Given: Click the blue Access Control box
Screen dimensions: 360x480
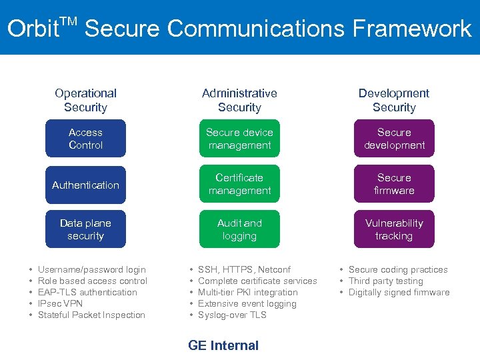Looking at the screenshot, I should (x=85, y=139).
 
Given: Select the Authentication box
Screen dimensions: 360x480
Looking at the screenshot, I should (x=85, y=185).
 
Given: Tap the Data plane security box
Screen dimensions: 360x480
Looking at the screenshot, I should (x=85, y=229).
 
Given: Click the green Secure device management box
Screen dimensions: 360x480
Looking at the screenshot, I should (x=239, y=139).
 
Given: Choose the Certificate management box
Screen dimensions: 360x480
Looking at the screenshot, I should (x=239, y=184).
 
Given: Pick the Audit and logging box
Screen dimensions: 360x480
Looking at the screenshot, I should (x=239, y=229).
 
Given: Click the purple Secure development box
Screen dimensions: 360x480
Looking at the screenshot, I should (x=394, y=139).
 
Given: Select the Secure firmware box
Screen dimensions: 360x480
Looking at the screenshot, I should (x=394, y=184).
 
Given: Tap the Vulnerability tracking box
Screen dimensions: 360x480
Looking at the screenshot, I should (x=394, y=229).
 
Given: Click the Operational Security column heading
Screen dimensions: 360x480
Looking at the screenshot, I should (x=85, y=100).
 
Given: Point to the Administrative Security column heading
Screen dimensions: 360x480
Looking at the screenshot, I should (x=239, y=100).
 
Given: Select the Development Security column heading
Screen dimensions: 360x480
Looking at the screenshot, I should (x=394, y=100).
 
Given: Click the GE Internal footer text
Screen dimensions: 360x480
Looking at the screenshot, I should (x=223, y=345).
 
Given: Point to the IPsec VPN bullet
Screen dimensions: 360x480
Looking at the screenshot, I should (x=61, y=303).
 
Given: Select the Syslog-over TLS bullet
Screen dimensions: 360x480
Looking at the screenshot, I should (x=232, y=315).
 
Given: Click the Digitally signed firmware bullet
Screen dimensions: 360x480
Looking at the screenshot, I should (x=399, y=292).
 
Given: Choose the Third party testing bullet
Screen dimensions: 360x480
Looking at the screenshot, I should (x=385, y=281).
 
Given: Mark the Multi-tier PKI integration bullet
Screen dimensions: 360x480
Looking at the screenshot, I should (x=247, y=292).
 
